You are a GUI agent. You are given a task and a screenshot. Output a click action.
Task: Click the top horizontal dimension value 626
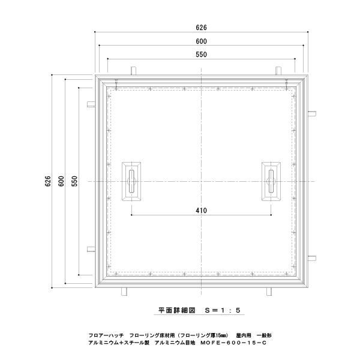(202, 28)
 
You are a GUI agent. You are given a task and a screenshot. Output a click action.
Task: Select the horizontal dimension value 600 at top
(202, 41)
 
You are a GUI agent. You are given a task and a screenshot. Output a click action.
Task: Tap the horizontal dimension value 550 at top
(202, 55)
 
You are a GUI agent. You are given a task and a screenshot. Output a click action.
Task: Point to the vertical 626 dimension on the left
(48, 181)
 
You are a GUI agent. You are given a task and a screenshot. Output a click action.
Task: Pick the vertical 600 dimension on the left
(61, 181)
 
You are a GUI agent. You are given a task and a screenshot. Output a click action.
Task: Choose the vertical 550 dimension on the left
(74, 181)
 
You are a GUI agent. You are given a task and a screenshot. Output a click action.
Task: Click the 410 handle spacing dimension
(202, 211)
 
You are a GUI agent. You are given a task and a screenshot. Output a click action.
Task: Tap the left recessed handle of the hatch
(131, 181)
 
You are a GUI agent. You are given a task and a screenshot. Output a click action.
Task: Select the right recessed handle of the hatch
(271, 181)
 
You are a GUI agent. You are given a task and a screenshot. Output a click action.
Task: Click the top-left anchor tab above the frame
(134, 71)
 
